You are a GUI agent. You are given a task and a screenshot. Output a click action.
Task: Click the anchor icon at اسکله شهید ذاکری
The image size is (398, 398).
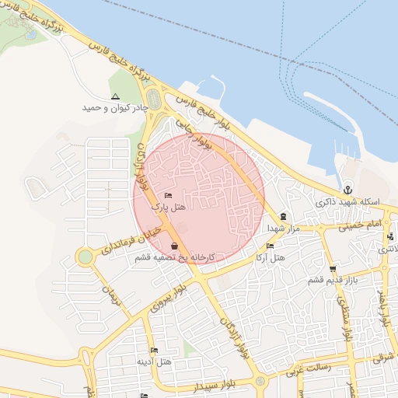(x=349, y=190)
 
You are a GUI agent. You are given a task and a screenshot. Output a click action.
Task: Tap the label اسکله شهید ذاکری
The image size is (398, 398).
(x=350, y=202)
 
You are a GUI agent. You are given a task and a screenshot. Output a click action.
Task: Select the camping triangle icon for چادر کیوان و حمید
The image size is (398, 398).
(x=115, y=97)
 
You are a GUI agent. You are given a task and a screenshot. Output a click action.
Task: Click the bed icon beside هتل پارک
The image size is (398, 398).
(x=169, y=196)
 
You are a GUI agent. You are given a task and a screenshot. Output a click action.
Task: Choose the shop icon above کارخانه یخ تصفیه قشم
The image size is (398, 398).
(x=183, y=246)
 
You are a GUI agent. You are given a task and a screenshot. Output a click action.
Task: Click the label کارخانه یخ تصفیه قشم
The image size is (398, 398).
(x=183, y=257)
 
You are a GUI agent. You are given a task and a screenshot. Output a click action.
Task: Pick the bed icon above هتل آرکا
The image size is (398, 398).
(x=270, y=246)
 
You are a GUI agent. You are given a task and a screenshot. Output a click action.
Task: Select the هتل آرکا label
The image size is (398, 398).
(x=271, y=257)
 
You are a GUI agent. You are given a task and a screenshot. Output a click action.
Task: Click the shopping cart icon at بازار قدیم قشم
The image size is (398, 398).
(x=333, y=269)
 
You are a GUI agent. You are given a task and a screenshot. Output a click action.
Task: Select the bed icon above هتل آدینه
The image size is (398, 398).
(x=154, y=351)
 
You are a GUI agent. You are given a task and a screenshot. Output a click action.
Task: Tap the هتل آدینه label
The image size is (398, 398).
(x=154, y=361)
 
